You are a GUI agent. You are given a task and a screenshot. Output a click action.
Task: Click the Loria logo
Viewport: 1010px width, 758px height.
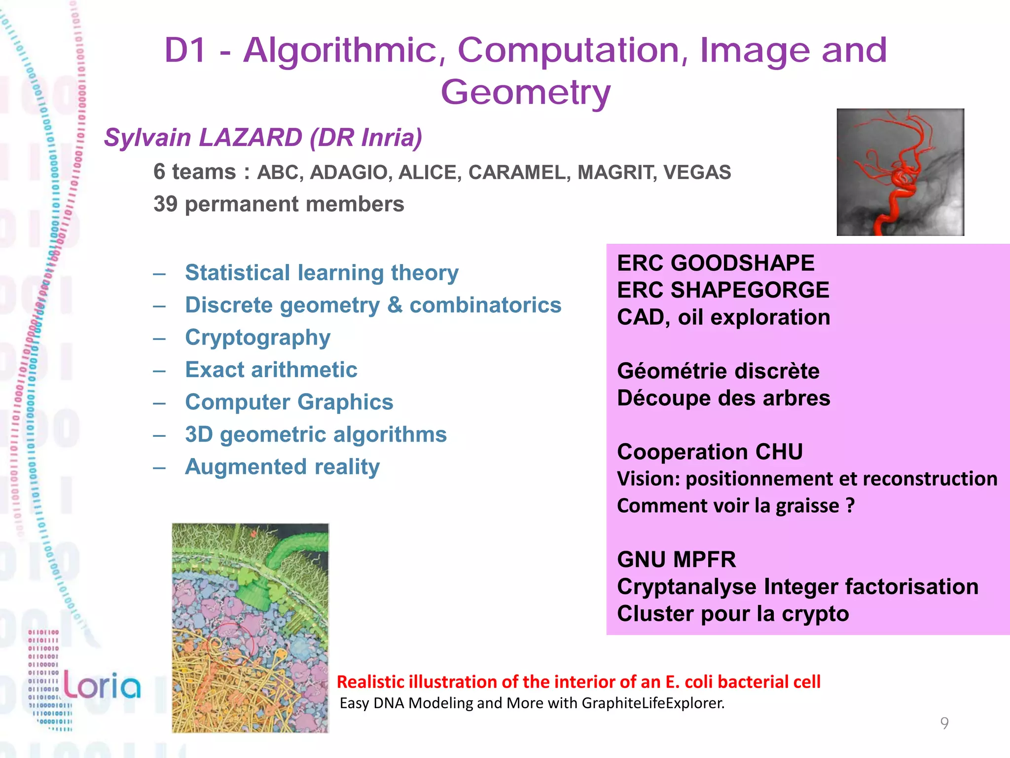pyautogui.click(x=102, y=686)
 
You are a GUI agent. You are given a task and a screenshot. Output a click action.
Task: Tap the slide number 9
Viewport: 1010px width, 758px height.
pyautogui.click(x=944, y=723)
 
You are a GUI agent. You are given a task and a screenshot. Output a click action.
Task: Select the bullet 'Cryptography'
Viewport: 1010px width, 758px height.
pyautogui.click(x=257, y=338)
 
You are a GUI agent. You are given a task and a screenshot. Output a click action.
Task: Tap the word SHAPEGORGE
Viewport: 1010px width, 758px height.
pyautogui.click(x=750, y=290)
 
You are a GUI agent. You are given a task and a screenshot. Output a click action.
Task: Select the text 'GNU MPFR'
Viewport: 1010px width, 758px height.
pyautogui.click(x=676, y=560)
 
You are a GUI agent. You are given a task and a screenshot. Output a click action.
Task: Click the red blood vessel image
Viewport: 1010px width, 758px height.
pyautogui.click(x=900, y=172)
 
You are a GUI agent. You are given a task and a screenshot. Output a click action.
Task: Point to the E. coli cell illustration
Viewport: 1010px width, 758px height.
pyautogui.click(x=250, y=628)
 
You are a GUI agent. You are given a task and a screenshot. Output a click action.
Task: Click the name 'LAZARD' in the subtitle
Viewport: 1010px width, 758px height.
pyautogui.click(x=251, y=138)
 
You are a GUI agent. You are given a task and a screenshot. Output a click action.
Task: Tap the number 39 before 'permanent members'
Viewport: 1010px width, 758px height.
pyautogui.click(x=165, y=204)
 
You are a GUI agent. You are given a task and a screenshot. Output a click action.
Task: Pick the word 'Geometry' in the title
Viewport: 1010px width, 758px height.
pyautogui.click(x=526, y=92)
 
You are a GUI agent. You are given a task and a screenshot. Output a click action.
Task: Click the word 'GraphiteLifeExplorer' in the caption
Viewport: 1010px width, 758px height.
pyautogui.click(x=652, y=703)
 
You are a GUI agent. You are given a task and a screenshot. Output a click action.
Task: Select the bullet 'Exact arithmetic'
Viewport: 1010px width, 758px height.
pyautogui.click(x=271, y=370)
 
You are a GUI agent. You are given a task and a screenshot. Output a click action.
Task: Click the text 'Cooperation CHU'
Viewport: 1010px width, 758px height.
pyautogui.click(x=710, y=452)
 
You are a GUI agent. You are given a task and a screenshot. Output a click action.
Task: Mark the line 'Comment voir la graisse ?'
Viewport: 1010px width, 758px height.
pyautogui.click(x=735, y=506)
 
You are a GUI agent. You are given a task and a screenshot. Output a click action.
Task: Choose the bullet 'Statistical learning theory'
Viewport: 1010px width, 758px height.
pyautogui.click(x=322, y=273)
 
